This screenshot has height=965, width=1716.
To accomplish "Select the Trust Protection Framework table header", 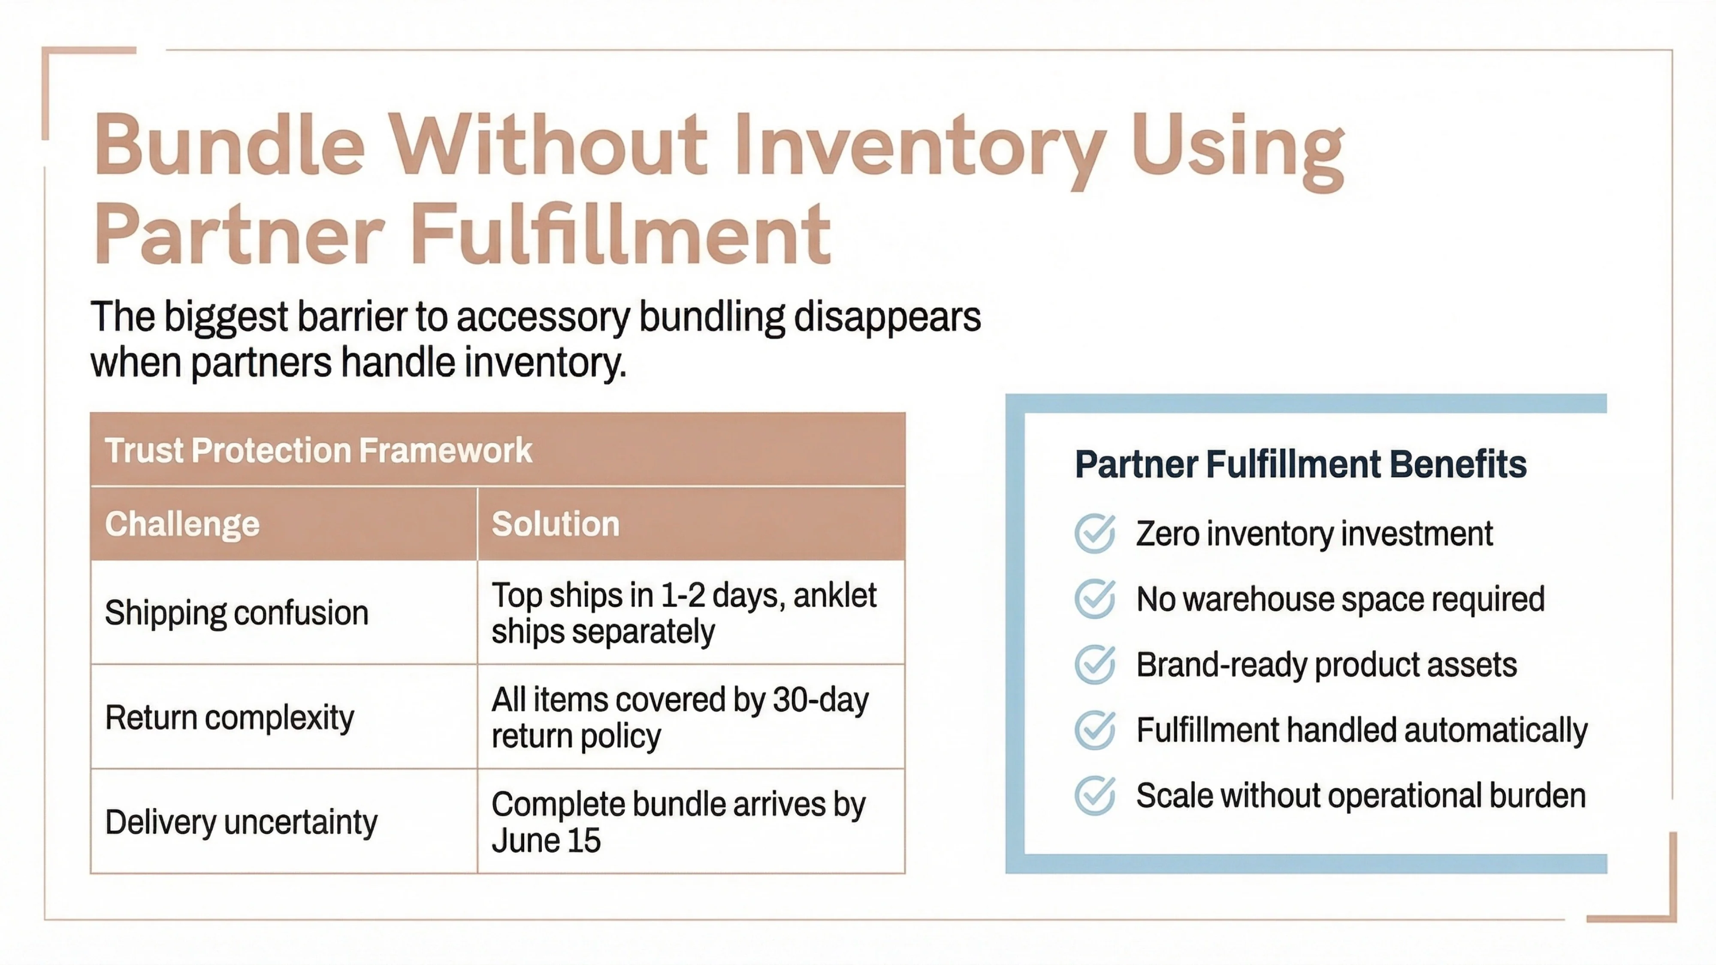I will pyautogui.click(x=318, y=450).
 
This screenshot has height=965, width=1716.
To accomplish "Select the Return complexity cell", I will pyautogui.click(x=229, y=717).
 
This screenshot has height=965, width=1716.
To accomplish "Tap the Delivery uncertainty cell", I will pyautogui.click(x=241, y=822).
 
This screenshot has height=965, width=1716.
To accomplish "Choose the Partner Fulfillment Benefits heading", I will pyautogui.click(x=1300, y=464).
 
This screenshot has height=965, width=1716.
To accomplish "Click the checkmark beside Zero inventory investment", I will pyautogui.click(x=1094, y=534).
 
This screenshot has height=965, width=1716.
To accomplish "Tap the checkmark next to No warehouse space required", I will pyautogui.click(x=1094, y=599).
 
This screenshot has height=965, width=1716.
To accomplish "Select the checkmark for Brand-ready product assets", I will pyautogui.click(x=1094, y=664).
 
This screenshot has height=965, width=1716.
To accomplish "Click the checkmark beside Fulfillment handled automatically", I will pyautogui.click(x=1094, y=730).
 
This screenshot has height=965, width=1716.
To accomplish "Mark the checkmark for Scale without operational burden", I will pyautogui.click(x=1094, y=795).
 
